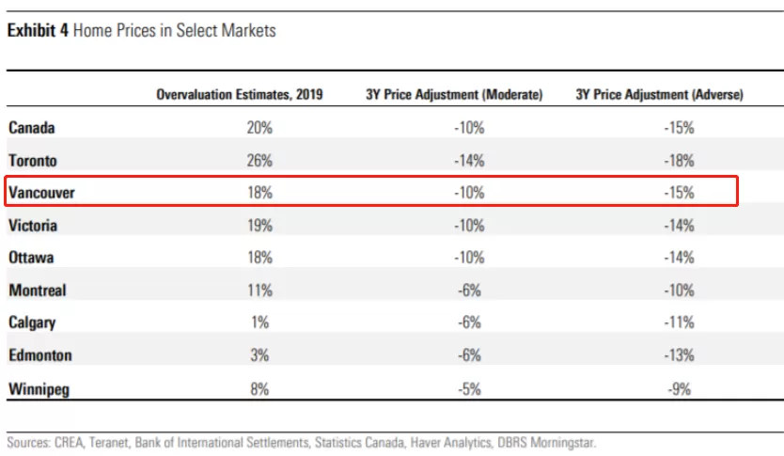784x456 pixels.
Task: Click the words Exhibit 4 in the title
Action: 38,30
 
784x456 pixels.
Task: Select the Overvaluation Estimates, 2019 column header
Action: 240,95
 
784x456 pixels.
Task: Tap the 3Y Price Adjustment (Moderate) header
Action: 454,95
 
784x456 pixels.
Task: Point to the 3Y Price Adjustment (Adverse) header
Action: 660,95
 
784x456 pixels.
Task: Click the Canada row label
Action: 32,128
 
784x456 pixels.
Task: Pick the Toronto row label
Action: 33,161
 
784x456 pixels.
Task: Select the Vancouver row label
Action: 41,193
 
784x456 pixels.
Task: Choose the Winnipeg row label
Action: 39,389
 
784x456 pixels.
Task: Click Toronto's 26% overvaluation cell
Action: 259,161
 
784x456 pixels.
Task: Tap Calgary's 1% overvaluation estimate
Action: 259,322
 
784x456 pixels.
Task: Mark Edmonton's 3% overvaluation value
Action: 259,355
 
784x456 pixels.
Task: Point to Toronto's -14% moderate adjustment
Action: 469,161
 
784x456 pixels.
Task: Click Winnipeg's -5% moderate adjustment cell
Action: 469,389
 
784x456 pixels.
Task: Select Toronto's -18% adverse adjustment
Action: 679,161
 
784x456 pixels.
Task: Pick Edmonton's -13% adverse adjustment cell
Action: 679,355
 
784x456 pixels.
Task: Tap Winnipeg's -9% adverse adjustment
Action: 679,389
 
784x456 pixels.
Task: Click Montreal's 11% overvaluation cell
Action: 259,291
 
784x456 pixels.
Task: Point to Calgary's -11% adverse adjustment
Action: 679,322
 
